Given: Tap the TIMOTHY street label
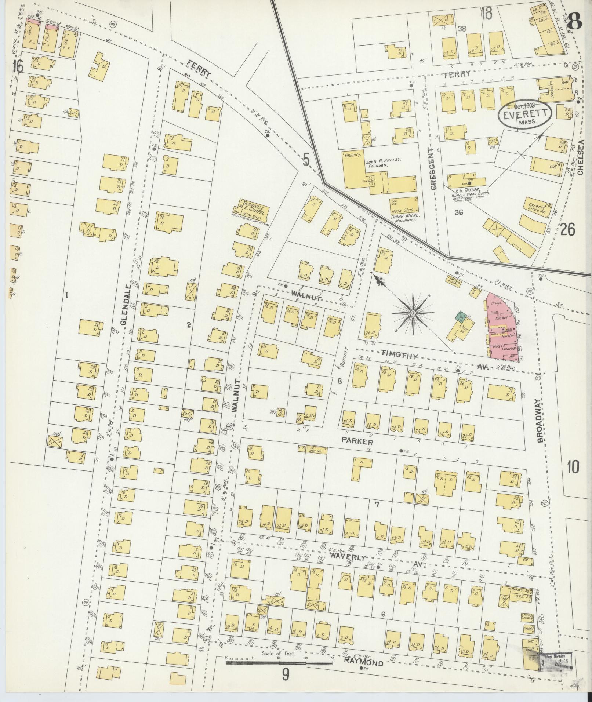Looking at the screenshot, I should [x=395, y=355].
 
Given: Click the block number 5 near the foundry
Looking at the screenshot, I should [x=306, y=160].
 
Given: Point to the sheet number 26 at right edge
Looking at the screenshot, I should [x=567, y=230].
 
